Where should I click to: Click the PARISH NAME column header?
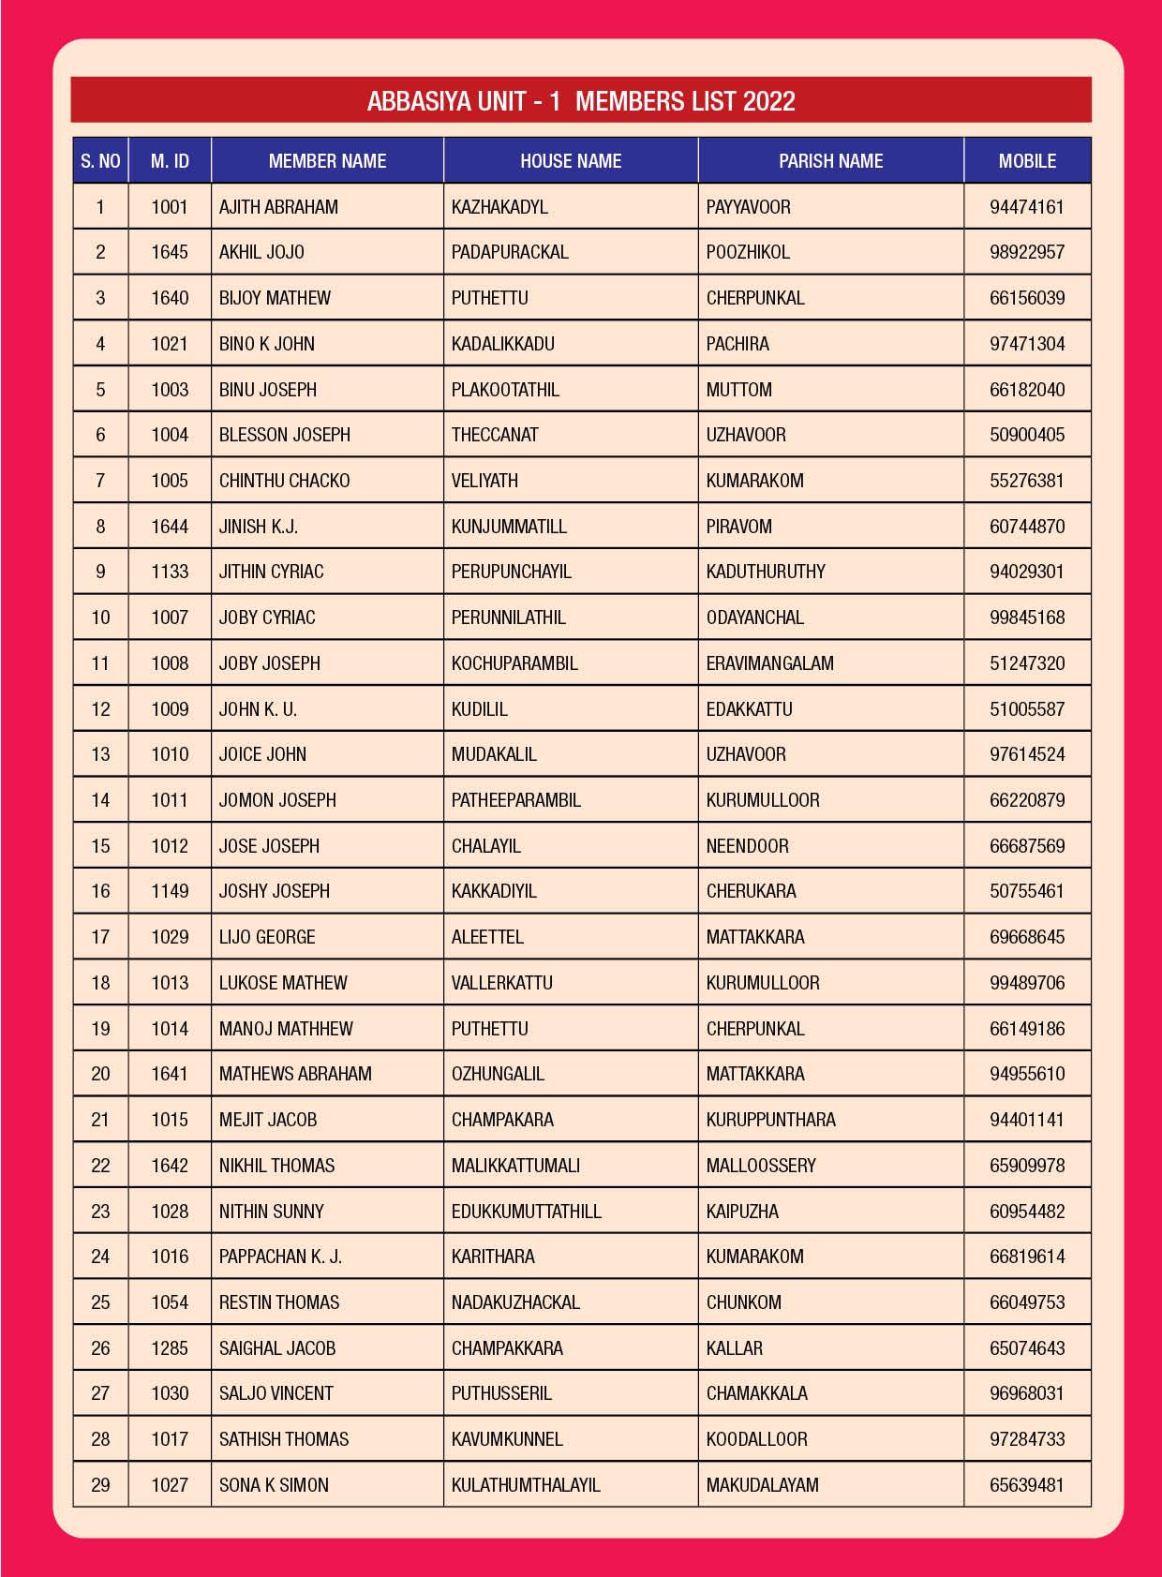(830, 161)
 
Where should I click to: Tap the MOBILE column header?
(1027, 161)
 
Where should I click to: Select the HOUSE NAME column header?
(571, 161)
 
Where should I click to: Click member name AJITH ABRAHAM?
(278, 207)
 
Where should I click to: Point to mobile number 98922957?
(1027, 252)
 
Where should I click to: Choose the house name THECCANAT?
(495, 435)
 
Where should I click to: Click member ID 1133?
(170, 572)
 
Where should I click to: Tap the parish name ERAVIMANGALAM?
(769, 663)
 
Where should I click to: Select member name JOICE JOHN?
(262, 754)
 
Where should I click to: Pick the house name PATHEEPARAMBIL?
(515, 800)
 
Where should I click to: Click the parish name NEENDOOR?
(747, 846)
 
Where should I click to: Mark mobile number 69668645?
(1027, 937)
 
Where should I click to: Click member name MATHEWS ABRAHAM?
(295, 1074)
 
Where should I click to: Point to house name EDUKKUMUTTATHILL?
(526, 1212)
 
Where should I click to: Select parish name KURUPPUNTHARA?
(770, 1120)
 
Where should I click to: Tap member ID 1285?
(170, 1348)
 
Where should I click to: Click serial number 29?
(100, 1485)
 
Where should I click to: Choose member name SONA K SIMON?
(274, 1485)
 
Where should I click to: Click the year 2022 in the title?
(768, 101)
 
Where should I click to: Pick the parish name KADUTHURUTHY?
(766, 572)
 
